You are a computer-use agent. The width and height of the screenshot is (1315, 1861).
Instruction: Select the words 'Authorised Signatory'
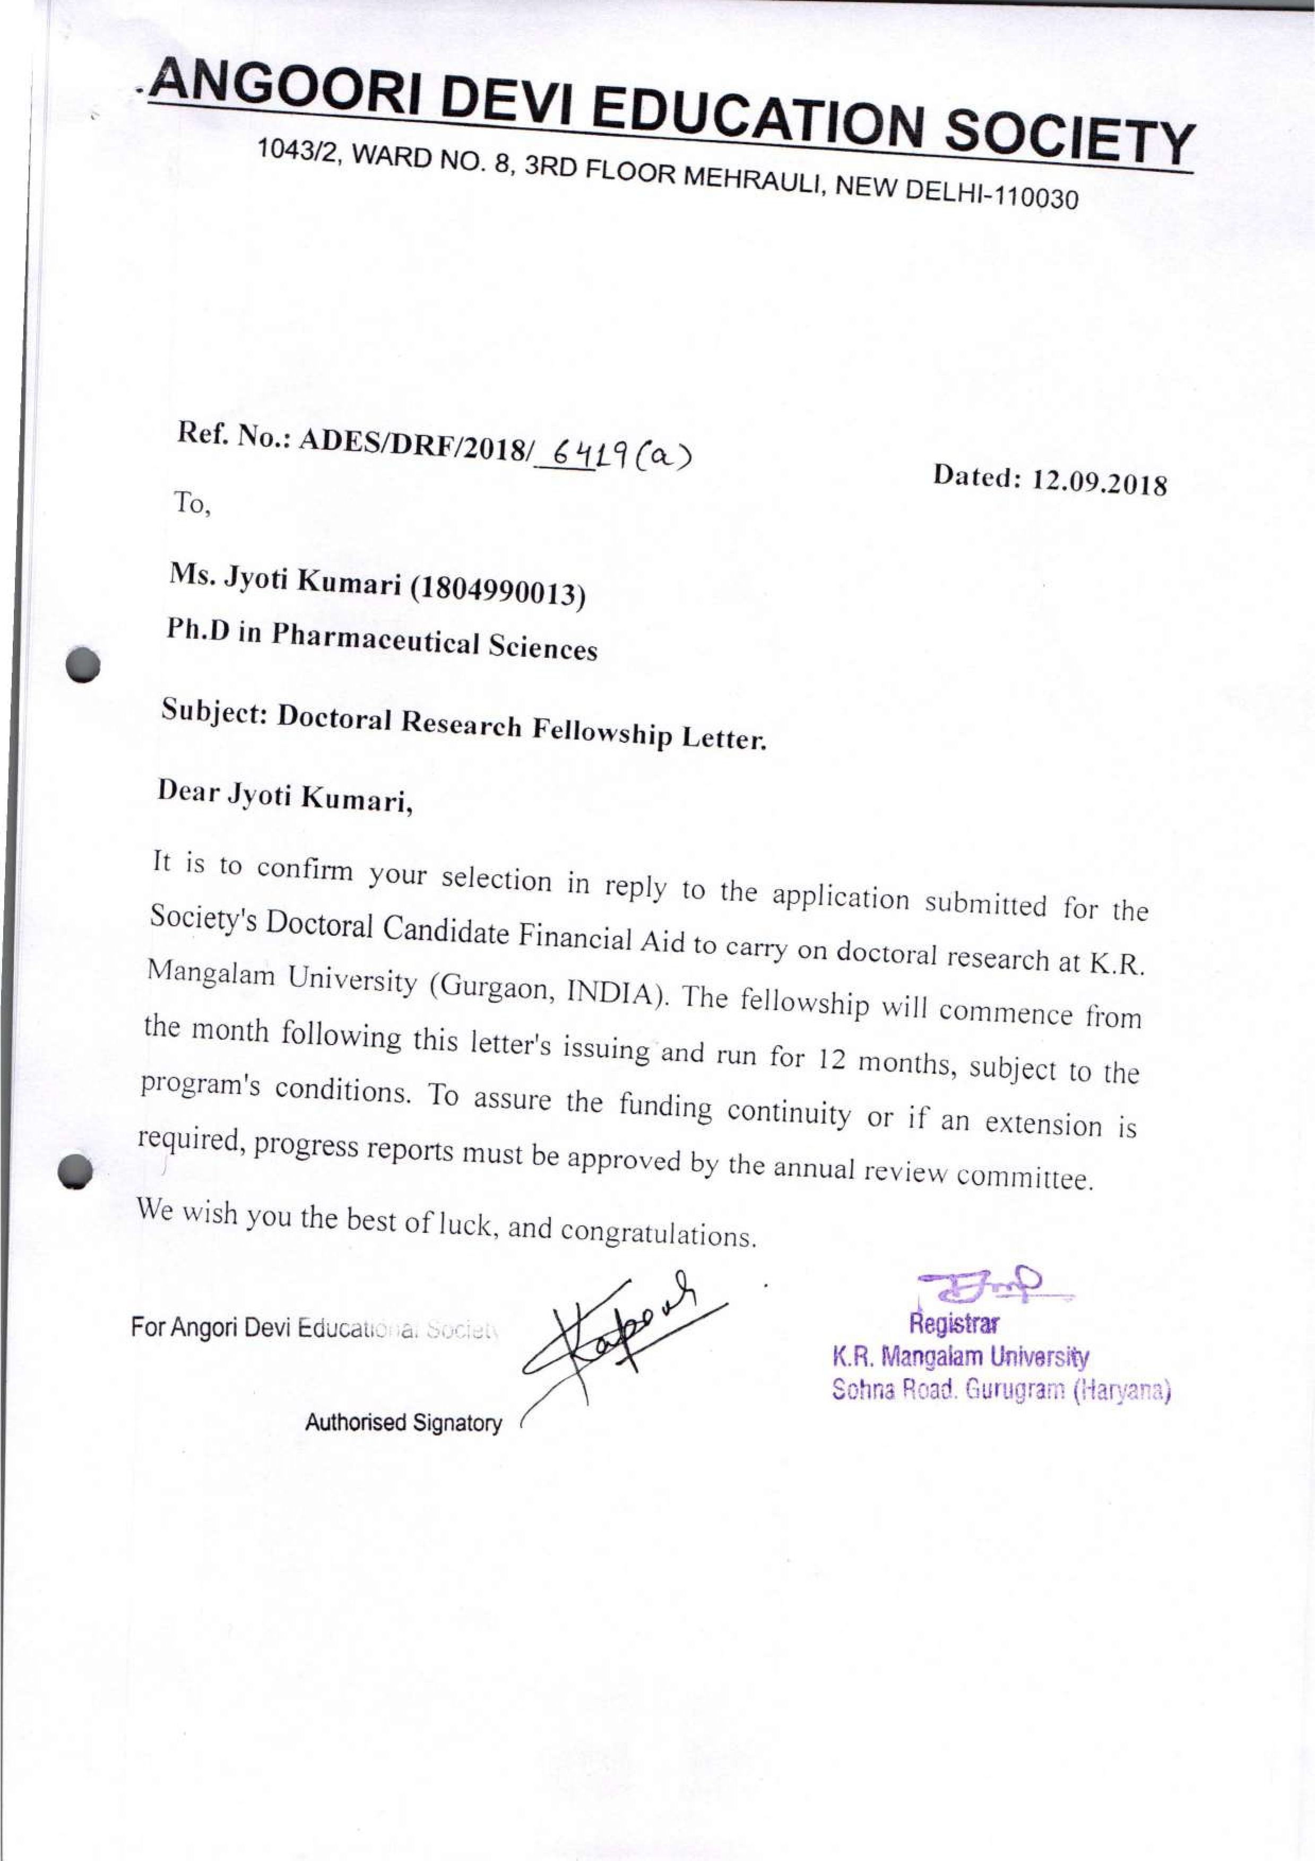(403, 1422)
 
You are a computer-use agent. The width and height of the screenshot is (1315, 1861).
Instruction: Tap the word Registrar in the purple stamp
(954, 1325)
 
